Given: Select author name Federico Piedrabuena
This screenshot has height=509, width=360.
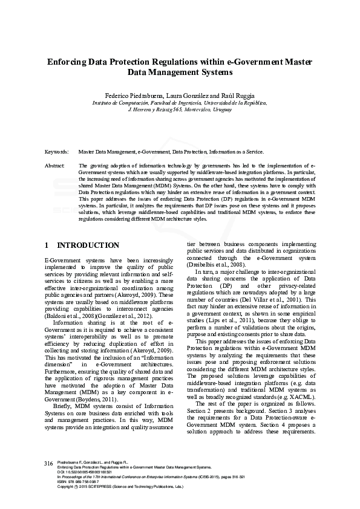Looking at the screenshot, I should click(131, 96).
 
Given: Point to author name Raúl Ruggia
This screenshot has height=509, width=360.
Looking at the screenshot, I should click(233, 96).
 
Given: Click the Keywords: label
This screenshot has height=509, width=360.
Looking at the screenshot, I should click(57, 152).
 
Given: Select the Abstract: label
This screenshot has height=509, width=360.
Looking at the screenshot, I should click(56, 164).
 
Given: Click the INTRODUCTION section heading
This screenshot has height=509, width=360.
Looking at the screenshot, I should click(88, 245).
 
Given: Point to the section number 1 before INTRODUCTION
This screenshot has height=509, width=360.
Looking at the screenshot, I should click(47, 245).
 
